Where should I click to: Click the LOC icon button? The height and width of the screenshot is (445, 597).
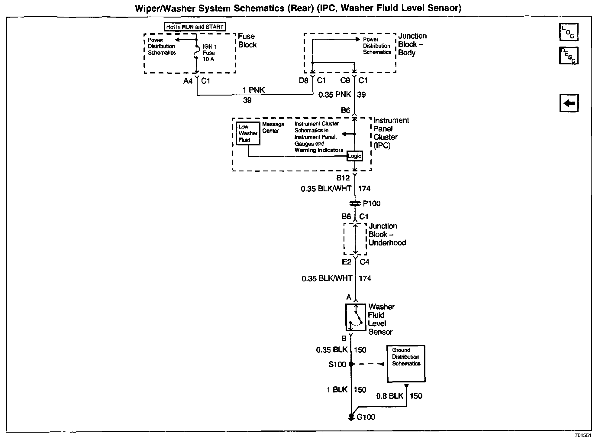(x=569, y=32)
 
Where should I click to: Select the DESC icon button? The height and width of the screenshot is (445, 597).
(x=569, y=56)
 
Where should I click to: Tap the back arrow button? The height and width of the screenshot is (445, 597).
(x=569, y=103)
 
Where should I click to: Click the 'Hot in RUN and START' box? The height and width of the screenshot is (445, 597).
(x=195, y=27)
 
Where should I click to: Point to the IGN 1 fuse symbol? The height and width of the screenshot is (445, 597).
(x=197, y=53)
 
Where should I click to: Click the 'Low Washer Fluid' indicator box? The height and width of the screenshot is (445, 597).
(x=248, y=133)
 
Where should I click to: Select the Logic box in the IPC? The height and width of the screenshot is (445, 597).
(x=354, y=156)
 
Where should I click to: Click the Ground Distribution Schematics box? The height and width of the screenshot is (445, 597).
(x=406, y=364)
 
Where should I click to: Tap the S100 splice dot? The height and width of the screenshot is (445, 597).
(x=351, y=364)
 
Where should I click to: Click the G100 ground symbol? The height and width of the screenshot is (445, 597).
(x=351, y=417)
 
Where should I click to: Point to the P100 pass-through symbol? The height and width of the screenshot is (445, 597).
(x=355, y=203)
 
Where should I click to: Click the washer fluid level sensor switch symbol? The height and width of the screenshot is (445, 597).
(x=356, y=317)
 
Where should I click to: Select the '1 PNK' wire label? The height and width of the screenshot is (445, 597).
(x=253, y=90)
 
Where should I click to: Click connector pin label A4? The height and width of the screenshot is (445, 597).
(x=188, y=81)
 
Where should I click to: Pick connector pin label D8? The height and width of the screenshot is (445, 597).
(x=304, y=80)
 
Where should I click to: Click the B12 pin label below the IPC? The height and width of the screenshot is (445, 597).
(x=343, y=178)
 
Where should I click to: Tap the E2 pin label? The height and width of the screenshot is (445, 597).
(x=346, y=262)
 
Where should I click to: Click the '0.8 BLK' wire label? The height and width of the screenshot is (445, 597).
(x=389, y=396)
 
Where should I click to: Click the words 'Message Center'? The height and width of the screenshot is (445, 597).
(x=273, y=127)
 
